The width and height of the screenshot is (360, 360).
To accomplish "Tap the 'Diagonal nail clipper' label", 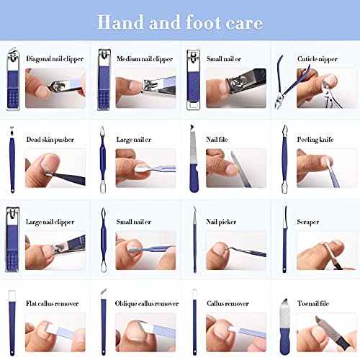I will pyautogui.click(x=55, y=58).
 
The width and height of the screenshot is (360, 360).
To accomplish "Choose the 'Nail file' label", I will pyautogui.click(x=218, y=139).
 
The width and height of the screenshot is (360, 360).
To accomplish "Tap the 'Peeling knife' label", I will pyautogui.click(x=318, y=139).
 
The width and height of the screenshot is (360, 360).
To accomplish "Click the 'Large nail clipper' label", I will pyautogui.click(x=52, y=222).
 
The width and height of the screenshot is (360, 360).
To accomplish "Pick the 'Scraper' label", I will pyautogui.click(x=308, y=222).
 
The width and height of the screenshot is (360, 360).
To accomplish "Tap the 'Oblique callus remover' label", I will pyautogui.click(x=147, y=303).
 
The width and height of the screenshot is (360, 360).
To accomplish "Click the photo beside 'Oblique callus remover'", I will pyautogui.click(x=145, y=332).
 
